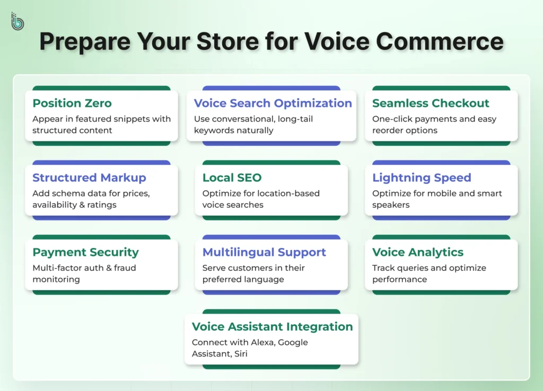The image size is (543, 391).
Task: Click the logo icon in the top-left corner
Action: [x=17, y=21]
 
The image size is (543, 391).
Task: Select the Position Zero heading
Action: [x=72, y=103]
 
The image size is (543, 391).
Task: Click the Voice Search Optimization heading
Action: [x=273, y=103]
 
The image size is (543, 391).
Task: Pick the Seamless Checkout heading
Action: [x=431, y=103]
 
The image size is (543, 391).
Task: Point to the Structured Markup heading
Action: [x=89, y=177]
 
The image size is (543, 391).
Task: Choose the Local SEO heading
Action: [x=232, y=177]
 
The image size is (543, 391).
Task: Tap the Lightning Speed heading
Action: [x=422, y=177]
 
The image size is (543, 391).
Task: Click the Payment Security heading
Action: [x=85, y=252]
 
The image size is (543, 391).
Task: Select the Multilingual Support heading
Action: [x=264, y=252]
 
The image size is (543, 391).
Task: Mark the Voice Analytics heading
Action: [x=418, y=252]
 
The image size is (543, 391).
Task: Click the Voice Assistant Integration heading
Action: [x=272, y=327]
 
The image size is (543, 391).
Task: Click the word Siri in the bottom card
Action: [x=240, y=353]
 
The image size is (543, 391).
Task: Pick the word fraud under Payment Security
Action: [x=127, y=268]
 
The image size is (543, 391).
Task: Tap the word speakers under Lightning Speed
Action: [x=391, y=205]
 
